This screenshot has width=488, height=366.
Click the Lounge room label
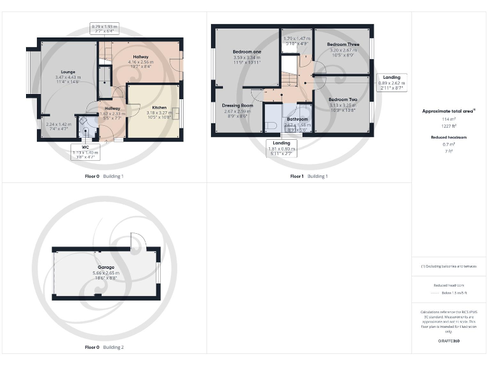pos(68,72)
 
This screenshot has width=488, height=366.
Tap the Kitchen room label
pos(159,107)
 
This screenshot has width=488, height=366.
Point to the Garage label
pos(105,267)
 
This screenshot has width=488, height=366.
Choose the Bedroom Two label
pos(342,100)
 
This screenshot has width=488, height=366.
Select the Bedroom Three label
pos(343,44)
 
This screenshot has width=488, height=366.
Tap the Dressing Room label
pos(238,105)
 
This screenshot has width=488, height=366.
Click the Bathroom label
pos(297,119)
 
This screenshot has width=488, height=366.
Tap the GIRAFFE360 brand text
pos(449,341)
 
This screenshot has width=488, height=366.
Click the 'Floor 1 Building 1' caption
pos(309,176)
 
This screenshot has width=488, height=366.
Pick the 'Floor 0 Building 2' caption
pos(104,348)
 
